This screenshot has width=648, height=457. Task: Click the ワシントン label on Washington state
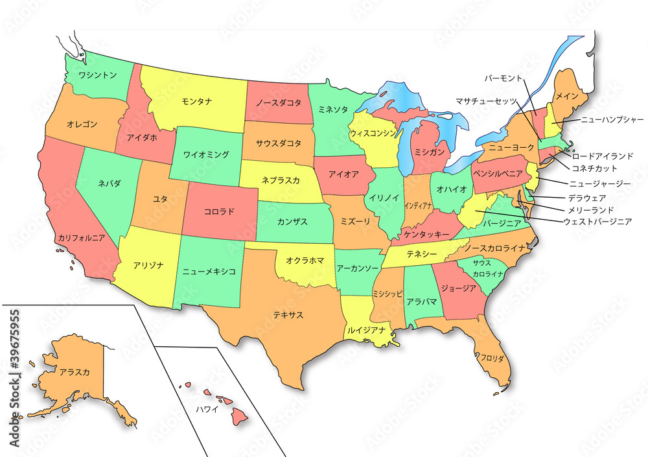[x=97, y=75]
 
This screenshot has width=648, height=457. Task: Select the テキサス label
[x=288, y=315]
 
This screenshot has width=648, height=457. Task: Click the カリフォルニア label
[x=81, y=238]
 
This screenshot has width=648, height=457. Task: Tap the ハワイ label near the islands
[x=207, y=409]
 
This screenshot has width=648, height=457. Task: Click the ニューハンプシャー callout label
[x=612, y=119]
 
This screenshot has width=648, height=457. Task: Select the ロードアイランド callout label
[x=603, y=156]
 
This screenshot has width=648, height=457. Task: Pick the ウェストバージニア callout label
[x=597, y=222]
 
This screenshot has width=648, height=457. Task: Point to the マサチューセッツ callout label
[x=485, y=101]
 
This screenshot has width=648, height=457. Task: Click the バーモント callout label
[x=503, y=78]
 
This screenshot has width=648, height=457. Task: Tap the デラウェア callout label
[x=587, y=198]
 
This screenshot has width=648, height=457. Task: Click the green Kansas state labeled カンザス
[x=293, y=222]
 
